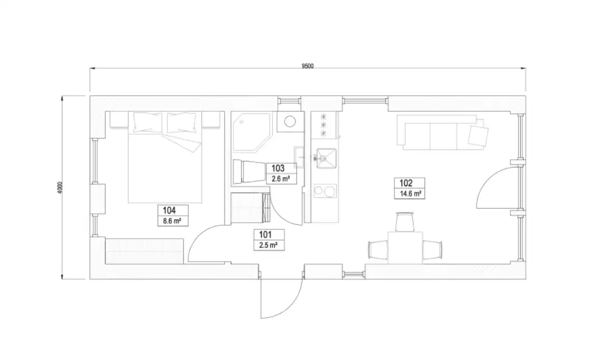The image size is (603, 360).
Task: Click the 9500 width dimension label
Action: point(307,66)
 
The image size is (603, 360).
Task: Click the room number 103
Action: point(278,169)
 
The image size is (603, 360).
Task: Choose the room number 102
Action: point(406,183)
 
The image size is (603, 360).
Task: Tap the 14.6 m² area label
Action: point(410,193)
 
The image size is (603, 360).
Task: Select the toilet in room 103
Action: point(248,171)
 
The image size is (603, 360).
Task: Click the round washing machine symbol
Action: point(289,123)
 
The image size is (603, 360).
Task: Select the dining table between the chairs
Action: point(405,248)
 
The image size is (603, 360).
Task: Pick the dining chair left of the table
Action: point(378,249)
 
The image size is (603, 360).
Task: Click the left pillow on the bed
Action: point(148,122)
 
